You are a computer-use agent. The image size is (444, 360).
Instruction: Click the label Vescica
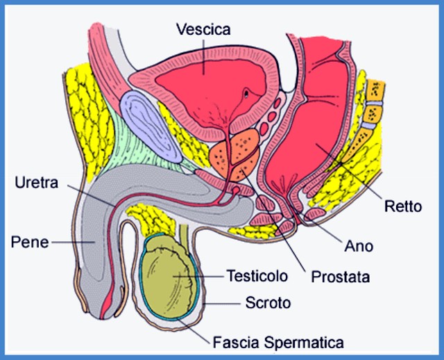pos(203,29)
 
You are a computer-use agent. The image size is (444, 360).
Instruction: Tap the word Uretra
pos(37,183)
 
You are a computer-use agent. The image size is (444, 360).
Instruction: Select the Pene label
pos(30,243)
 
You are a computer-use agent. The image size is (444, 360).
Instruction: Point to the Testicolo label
pos(257,276)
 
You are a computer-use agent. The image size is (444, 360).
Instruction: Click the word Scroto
pos(268,303)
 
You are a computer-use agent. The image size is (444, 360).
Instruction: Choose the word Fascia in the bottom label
pos(236,342)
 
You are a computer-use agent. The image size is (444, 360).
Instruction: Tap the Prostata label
pos(341,277)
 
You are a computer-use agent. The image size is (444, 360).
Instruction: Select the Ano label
pos(359,246)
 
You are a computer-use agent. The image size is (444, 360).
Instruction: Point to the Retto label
pos(403,206)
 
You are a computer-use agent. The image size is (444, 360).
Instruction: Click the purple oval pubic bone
pos(151,126)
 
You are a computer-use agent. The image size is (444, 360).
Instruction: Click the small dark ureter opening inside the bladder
pos(246,92)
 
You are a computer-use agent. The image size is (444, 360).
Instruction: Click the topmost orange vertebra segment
pos(376,90)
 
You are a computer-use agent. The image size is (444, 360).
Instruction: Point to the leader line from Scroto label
pos(222,304)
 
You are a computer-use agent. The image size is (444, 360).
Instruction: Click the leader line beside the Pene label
pos(73,243)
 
